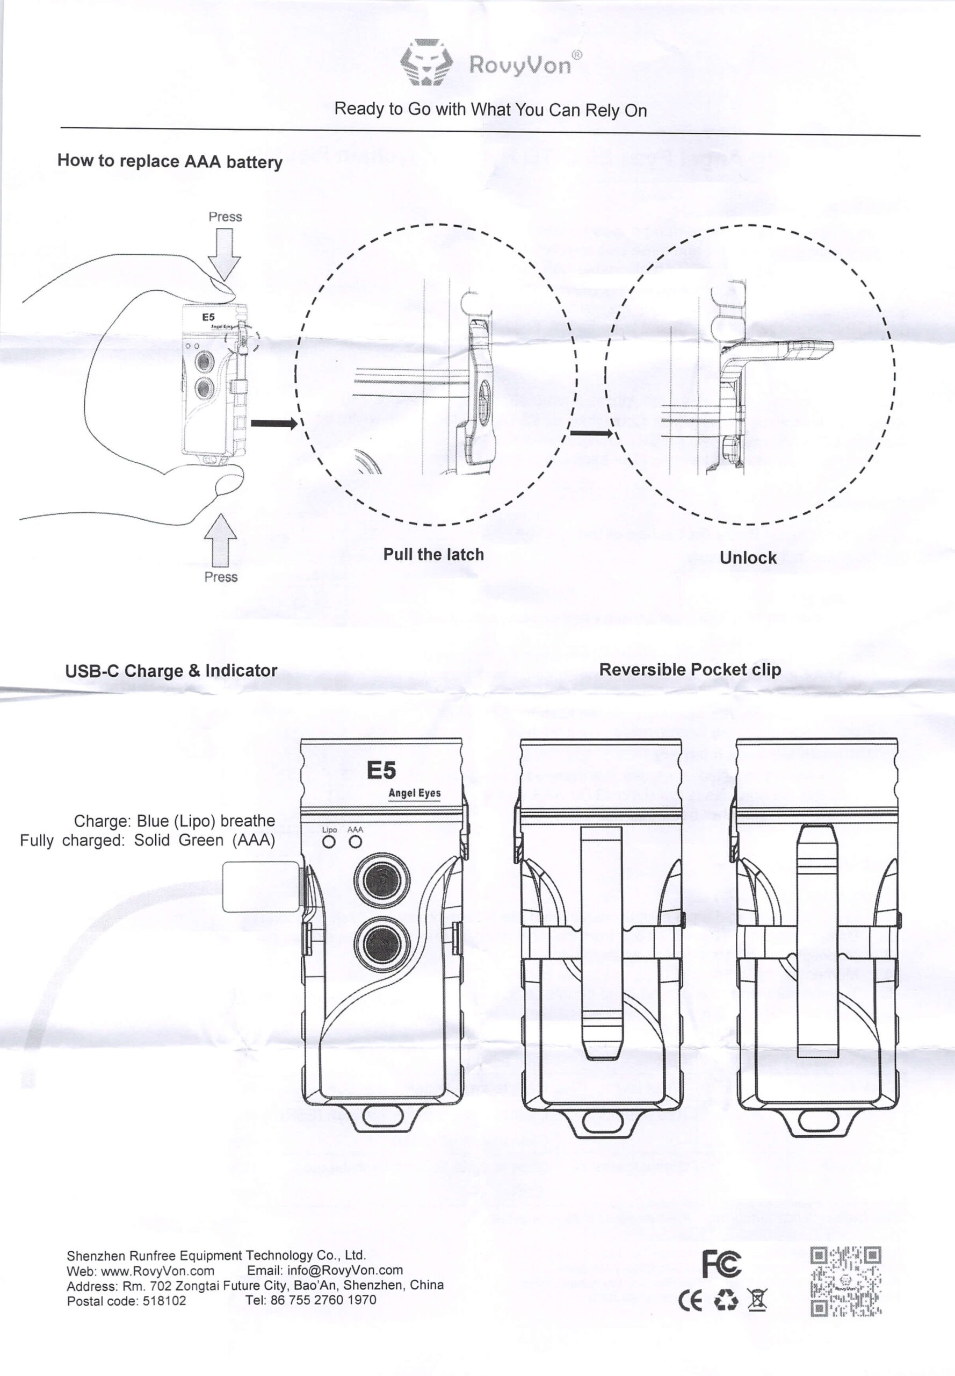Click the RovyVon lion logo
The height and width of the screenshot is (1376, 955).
click(426, 62)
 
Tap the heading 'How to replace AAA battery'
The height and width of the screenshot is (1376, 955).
click(169, 161)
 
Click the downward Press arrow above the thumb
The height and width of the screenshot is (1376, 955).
click(225, 254)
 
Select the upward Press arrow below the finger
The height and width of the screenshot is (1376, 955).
click(220, 540)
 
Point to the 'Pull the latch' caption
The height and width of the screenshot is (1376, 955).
click(433, 555)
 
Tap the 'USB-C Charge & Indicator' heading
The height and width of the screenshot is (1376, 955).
click(171, 671)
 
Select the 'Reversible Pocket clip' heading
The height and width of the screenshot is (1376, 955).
click(690, 669)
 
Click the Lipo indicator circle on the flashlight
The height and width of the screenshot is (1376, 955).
click(329, 841)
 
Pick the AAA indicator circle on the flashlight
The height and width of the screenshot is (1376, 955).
click(356, 841)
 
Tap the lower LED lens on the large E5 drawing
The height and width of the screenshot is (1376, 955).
click(382, 944)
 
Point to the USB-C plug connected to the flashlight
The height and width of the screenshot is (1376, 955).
click(262, 886)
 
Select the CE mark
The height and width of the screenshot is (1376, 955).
click(690, 1300)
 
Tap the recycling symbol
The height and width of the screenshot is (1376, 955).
click(725, 1300)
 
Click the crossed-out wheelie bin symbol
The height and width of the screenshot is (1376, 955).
click(756, 1300)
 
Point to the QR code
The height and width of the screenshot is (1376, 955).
click(845, 1281)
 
